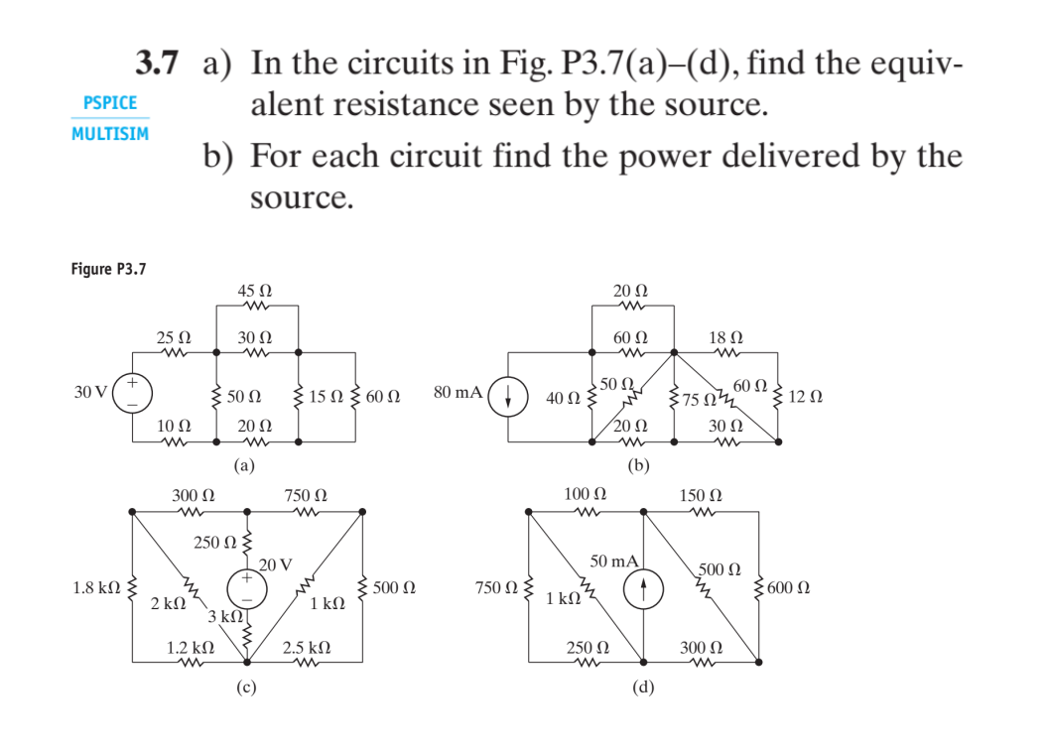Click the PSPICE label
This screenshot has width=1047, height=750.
click(110, 103)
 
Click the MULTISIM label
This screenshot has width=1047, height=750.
click(110, 133)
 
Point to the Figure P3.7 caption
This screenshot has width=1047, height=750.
click(108, 269)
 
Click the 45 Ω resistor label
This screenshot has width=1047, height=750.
click(255, 292)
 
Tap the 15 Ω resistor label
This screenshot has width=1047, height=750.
click(326, 397)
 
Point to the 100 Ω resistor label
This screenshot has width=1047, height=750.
click(583, 493)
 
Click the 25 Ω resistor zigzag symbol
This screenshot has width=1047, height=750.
click(175, 353)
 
